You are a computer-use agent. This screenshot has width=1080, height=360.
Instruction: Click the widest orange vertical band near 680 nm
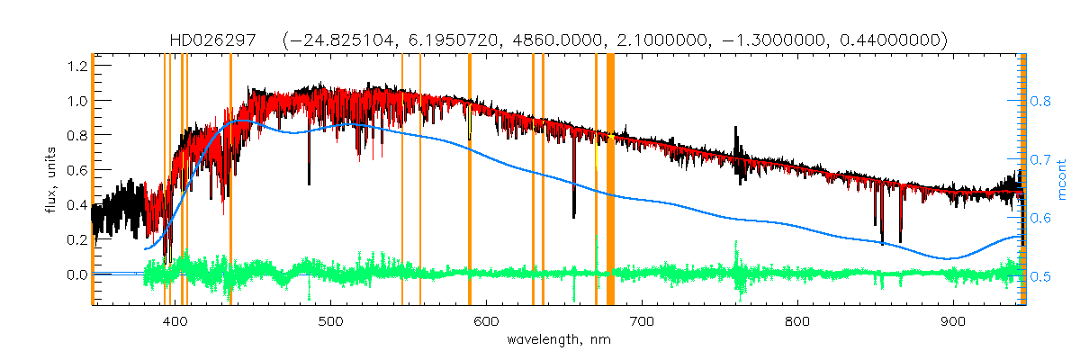(610, 180)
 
